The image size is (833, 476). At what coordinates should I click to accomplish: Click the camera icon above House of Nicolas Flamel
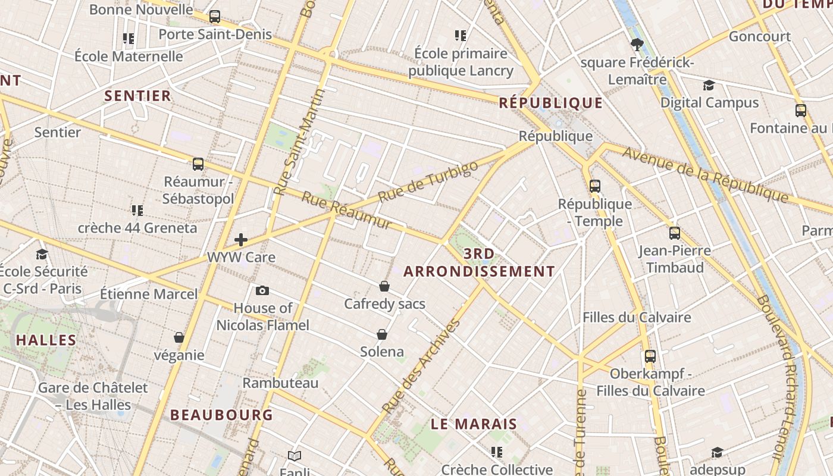(x=262, y=291)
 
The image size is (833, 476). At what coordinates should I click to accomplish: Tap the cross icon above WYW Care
(x=241, y=240)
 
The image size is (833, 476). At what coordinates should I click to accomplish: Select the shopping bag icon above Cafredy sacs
(x=384, y=287)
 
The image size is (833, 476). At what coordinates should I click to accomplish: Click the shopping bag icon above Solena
(x=382, y=334)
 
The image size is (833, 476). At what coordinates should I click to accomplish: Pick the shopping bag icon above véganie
(x=178, y=338)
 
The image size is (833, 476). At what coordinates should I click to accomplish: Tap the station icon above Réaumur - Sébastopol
(x=198, y=164)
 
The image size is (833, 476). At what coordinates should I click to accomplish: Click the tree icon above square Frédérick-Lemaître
(x=637, y=44)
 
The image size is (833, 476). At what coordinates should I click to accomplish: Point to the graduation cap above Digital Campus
(x=709, y=85)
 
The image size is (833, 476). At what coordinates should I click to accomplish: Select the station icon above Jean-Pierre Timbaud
(x=674, y=233)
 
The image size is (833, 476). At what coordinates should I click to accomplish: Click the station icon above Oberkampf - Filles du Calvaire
(x=650, y=356)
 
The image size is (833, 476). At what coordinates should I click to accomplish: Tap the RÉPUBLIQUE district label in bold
(x=550, y=103)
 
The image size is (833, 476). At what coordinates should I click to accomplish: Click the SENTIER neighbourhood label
(x=137, y=96)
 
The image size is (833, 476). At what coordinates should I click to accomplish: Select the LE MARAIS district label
(x=474, y=424)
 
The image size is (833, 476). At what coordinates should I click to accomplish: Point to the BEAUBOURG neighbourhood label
(x=221, y=415)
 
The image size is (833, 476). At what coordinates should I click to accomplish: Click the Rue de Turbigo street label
(x=428, y=181)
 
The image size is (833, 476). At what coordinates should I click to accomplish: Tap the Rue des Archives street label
(x=421, y=367)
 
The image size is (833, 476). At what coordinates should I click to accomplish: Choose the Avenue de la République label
(x=705, y=174)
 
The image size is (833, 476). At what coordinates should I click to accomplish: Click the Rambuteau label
(x=280, y=383)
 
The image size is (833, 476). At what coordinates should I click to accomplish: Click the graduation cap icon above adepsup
(x=717, y=453)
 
